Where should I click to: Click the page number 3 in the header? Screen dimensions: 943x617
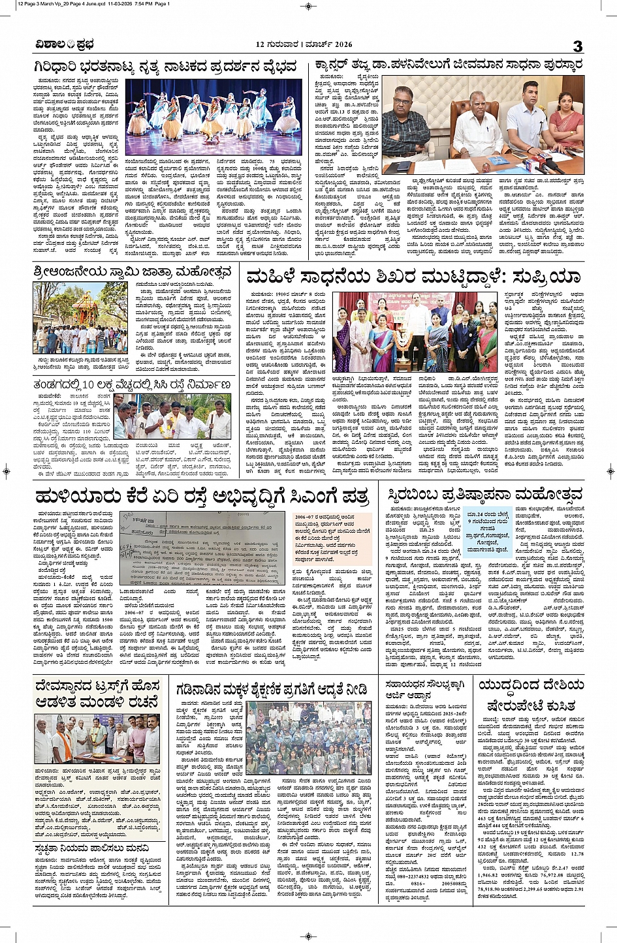point(577,46)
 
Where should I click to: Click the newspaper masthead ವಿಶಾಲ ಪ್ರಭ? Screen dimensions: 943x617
point(65,44)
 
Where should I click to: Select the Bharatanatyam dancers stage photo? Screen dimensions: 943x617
point(214,117)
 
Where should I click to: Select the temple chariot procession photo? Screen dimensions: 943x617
point(80,317)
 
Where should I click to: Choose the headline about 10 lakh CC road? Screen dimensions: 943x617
point(132,385)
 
